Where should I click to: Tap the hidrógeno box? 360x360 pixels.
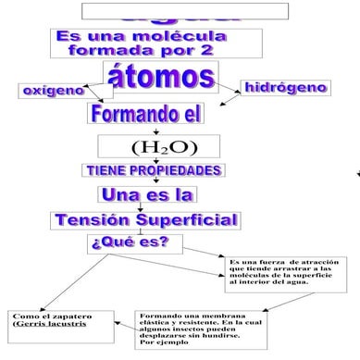[x=285, y=88]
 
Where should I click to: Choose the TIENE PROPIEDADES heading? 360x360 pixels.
[x=154, y=171]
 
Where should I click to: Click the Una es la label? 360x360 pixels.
[x=146, y=195]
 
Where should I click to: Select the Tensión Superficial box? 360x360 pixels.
[x=147, y=220]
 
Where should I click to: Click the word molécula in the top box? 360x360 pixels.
[x=186, y=35]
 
